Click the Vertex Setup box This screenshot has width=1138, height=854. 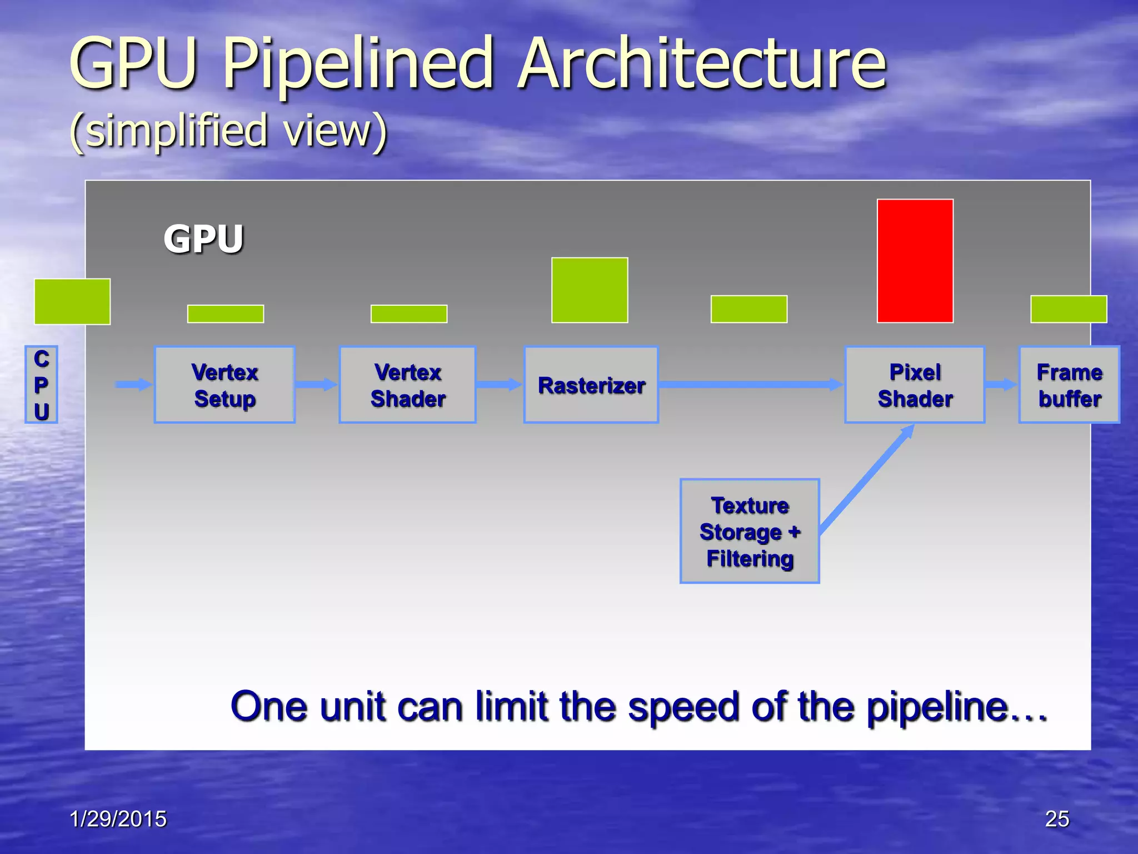(224, 385)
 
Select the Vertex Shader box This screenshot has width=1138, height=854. (408, 385)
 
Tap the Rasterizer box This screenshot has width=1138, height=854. (591, 385)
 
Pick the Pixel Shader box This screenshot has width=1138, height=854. (915, 385)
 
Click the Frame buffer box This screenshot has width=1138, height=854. (1069, 385)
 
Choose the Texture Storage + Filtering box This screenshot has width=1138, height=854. (750, 531)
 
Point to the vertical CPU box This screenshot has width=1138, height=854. (41, 385)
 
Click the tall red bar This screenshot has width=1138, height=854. (915, 261)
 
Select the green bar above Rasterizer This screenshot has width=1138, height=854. (590, 290)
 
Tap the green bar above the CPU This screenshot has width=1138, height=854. (72, 301)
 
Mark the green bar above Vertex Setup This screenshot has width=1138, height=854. (226, 314)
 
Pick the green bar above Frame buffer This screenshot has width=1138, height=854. (1069, 309)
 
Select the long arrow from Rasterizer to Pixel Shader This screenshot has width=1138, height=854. (750, 384)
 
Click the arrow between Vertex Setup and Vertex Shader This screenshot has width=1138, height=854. (316, 384)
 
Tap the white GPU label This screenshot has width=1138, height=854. (203, 239)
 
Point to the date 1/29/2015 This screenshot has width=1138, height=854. (118, 819)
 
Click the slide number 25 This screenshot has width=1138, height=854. (1057, 819)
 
